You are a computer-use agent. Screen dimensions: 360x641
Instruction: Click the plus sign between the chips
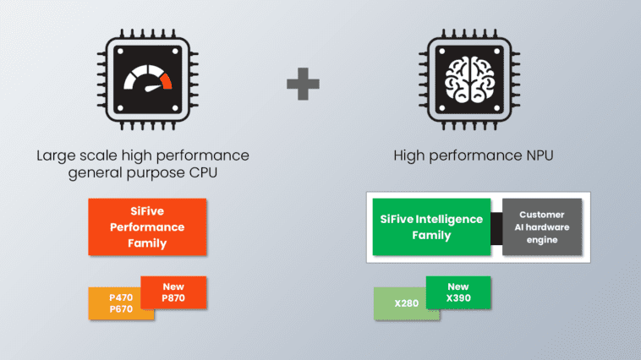pyautogui.click(x=303, y=85)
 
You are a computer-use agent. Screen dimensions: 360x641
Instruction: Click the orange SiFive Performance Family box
pyautogui.click(x=147, y=226)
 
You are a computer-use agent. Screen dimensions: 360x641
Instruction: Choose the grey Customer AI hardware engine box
pyautogui.click(x=542, y=226)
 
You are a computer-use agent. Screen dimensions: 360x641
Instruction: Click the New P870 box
pyautogui.click(x=173, y=292)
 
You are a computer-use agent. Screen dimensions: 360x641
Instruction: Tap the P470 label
pyautogui.click(x=122, y=297)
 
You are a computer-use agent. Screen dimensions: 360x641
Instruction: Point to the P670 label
pyautogui.click(x=122, y=309)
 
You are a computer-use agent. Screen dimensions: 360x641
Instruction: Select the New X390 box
pyautogui.click(x=458, y=292)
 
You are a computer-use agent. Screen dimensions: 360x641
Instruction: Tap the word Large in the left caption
pyautogui.click(x=55, y=156)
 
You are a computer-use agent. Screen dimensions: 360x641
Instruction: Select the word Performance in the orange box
pyautogui.click(x=147, y=227)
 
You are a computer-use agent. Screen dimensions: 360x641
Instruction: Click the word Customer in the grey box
pyautogui.click(x=542, y=215)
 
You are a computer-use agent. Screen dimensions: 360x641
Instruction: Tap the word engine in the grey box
pyautogui.click(x=542, y=239)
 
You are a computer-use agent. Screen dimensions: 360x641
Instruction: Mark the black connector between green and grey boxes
pyautogui.click(x=496, y=227)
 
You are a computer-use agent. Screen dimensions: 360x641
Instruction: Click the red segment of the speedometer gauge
pyautogui.click(x=167, y=81)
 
